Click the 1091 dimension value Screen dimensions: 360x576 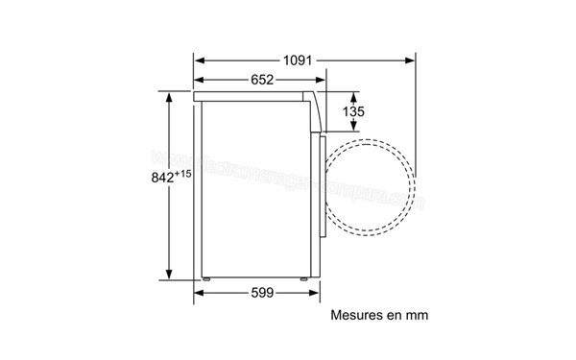[299, 60]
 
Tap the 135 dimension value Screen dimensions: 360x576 [354, 111]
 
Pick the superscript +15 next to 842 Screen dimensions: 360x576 [184, 173]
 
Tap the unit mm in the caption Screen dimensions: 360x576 [416, 314]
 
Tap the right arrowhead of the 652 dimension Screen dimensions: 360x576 [321, 81]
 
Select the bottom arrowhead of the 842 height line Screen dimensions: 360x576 [170, 276]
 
